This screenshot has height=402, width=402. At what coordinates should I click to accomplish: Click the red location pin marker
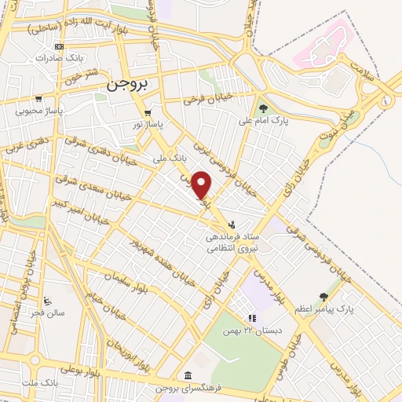(x=202, y=184)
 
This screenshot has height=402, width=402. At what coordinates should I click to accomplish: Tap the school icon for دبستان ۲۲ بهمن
(x=252, y=318)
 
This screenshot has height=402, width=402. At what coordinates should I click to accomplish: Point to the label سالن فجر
(x=48, y=312)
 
